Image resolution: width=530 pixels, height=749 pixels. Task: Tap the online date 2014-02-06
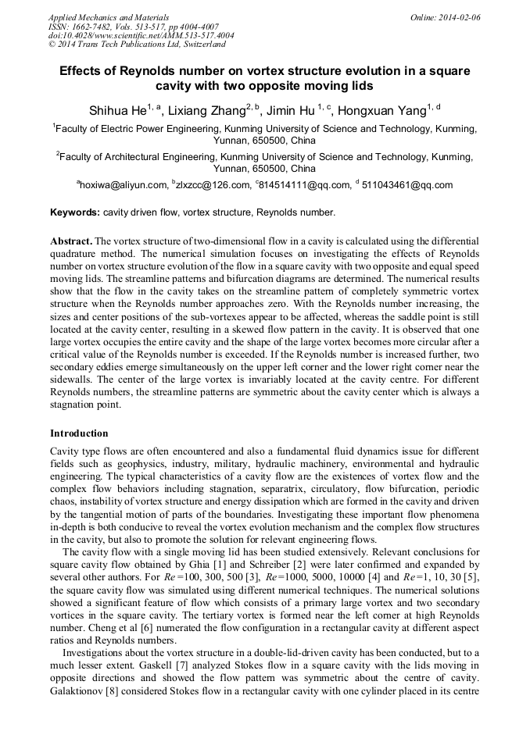459,17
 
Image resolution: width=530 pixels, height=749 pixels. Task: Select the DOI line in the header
141,36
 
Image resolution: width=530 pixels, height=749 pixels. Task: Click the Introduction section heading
80,433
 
